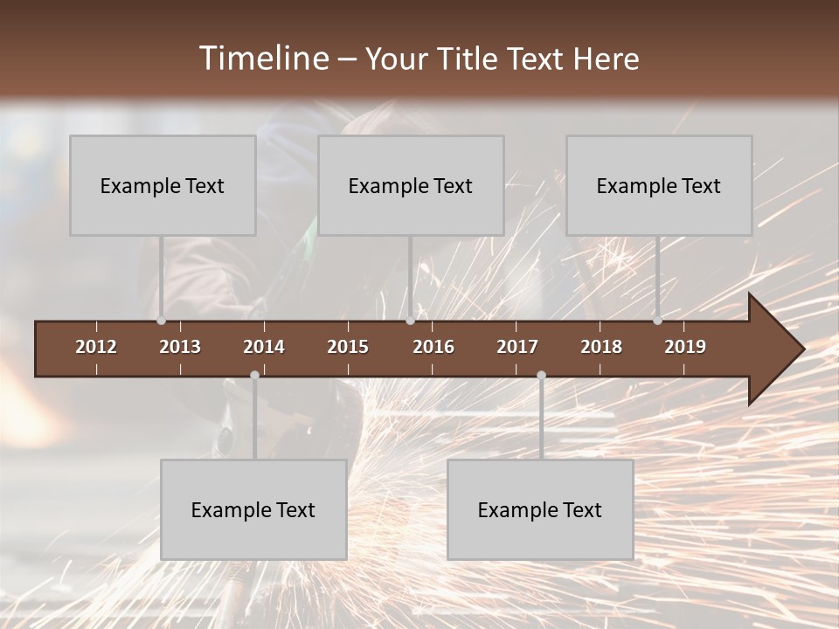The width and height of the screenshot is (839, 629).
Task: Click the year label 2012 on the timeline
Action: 96,347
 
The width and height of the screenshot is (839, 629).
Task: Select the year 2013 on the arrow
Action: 180,347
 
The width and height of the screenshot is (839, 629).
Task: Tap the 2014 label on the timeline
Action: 264,347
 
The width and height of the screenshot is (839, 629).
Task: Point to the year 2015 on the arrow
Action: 348,347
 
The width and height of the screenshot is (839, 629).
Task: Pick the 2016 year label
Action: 433,347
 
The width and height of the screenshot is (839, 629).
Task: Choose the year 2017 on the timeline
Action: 517,347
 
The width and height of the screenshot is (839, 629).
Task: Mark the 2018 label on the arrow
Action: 601,347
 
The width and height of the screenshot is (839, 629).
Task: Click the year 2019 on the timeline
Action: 685,347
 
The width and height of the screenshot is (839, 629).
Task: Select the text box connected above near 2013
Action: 163,185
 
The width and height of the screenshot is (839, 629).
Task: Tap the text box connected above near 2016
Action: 411,185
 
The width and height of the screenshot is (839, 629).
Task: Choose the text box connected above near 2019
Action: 659,185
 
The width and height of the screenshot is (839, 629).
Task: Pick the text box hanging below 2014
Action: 253,509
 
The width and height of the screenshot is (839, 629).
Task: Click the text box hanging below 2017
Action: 540,509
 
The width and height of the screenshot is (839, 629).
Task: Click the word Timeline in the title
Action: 263,59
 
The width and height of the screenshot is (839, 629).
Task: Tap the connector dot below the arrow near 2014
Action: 254,376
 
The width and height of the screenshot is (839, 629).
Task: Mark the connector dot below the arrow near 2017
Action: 541,376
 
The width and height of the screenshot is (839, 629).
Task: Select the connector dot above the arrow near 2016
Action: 410,321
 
